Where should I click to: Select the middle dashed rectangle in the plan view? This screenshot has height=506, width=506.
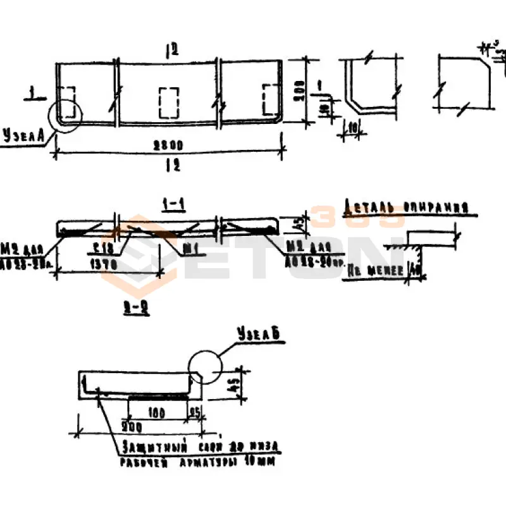pyautogui.click(x=169, y=102)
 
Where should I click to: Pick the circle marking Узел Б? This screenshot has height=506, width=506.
pyautogui.click(x=206, y=367)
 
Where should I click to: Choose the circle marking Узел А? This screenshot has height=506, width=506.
pyautogui.click(x=65, y=115)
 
